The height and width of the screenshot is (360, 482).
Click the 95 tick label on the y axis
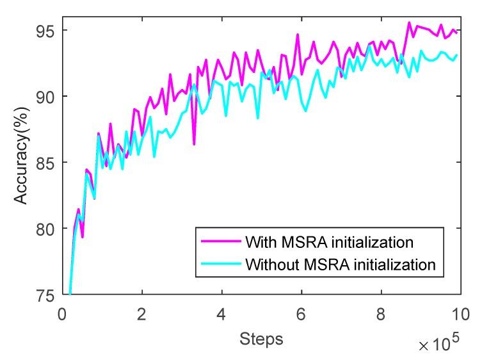[47, 31]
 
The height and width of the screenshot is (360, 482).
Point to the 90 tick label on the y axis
[47, 97]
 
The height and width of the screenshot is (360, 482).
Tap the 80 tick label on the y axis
[47, 229]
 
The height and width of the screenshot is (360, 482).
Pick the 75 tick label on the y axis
[47, 294]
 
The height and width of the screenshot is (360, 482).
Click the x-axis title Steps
[261, 336]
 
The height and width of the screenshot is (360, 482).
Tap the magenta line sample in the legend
[218, 242]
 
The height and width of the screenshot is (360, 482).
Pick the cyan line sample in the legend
[218, 263]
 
